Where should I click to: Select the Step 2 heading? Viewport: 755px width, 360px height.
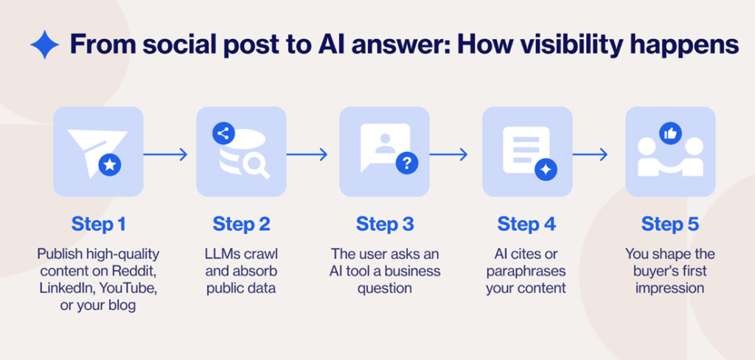tap(241, 224)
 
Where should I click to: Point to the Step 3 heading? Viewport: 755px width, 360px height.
tap(385, 224)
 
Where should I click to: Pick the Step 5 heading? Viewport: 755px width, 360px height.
tap(670, 224)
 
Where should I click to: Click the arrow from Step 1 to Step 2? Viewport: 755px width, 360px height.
tap(166, 155)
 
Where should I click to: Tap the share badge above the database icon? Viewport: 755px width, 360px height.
tap(223, 134)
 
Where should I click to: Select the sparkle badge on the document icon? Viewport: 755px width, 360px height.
tap(546, 169)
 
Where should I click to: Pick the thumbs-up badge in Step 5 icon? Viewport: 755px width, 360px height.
tap(671, 134)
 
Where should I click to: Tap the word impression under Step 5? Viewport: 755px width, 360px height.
tap(669, 288)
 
